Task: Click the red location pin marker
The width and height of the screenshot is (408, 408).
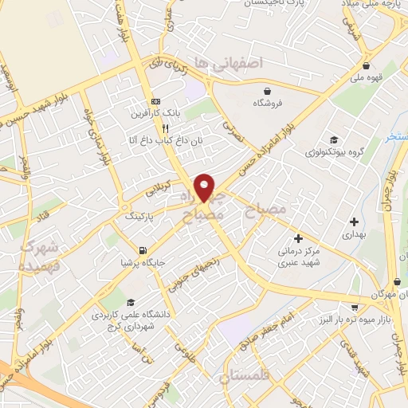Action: tap(205, 186)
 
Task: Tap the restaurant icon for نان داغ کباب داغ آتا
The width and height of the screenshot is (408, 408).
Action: tap(165, 127)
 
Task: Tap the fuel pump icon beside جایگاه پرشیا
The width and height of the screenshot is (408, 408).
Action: tap(142, 249)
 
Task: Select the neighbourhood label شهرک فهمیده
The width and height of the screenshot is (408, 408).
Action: tap(36, 257)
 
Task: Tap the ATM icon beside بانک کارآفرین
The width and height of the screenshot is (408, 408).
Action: tap(156, 101)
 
